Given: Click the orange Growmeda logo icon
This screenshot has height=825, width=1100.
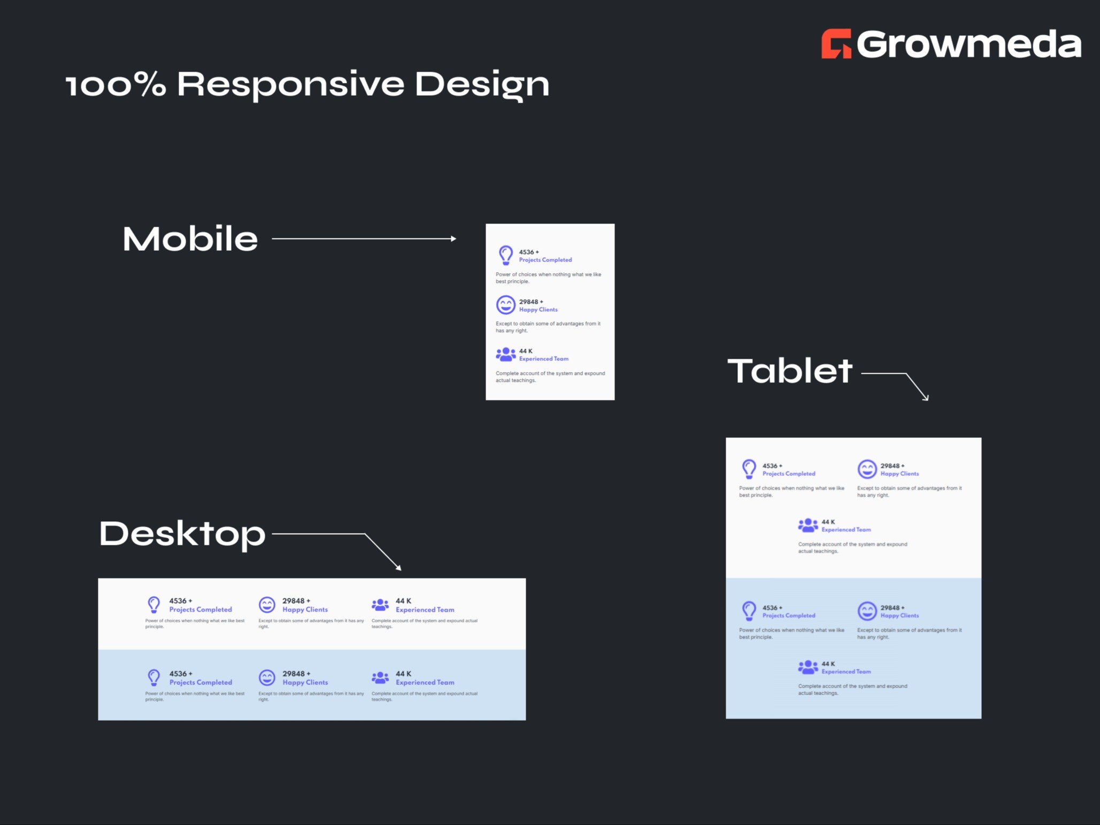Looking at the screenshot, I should [x=836, y=43].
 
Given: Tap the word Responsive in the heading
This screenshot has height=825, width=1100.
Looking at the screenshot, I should [x=290, y=84].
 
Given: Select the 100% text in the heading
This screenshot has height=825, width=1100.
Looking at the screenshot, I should [x=116, y=84].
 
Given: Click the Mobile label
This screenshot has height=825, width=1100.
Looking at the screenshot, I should [x=190, y=238].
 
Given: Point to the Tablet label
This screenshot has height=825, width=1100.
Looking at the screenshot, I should [x=789, y=371].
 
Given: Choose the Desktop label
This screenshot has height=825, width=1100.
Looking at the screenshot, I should [x=182, y=533].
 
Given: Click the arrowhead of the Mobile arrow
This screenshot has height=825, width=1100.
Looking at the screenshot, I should [x=453, y=238].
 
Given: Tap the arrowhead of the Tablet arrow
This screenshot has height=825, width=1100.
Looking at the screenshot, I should [x=926, y=397].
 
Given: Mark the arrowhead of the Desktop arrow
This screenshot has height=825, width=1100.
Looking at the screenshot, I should [x=398, y=568].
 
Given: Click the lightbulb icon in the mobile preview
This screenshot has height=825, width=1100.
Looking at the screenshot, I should [x=505, y=255].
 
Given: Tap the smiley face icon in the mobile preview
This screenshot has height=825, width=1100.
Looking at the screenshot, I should [x=505, y=305].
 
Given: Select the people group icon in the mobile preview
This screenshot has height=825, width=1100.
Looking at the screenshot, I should [x=505, y=354].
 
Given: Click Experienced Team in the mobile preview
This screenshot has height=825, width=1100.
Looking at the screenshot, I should [x=543, y=359].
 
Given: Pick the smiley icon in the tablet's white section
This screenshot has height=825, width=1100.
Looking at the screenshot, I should [x=867, y=469].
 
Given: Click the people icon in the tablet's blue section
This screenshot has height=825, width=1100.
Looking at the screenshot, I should [x=807, y=667].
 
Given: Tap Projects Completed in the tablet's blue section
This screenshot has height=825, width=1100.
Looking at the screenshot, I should [x=788, y=615].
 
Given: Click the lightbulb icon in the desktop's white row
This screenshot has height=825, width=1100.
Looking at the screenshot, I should [x=154, y=604].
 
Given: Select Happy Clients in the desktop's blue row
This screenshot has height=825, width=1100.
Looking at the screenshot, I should [x=305, y=682].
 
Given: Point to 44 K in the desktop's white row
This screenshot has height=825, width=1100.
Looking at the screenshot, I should [x=403, y=600].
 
